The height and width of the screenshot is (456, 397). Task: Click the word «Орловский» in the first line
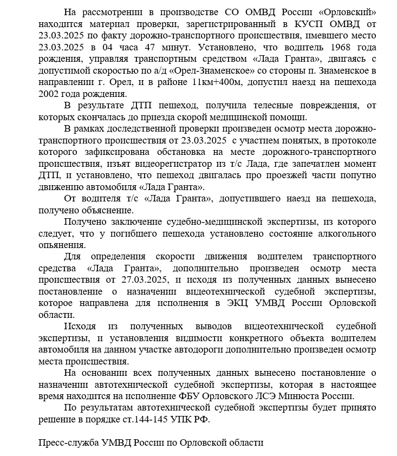click(x=347, y=12)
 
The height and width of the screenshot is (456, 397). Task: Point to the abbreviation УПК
click(x=194, y=419)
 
